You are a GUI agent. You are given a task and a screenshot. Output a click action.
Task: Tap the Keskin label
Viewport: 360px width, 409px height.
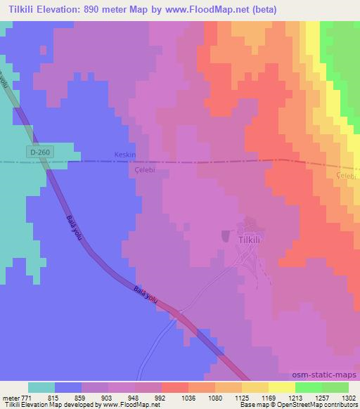(124, 155)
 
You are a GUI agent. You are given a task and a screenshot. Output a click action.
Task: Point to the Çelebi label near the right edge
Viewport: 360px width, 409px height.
(347, 175)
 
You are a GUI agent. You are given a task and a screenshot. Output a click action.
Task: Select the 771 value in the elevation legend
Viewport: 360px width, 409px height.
(26, 397)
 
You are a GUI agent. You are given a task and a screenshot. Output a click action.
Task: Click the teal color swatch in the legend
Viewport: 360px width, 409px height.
(41, 387)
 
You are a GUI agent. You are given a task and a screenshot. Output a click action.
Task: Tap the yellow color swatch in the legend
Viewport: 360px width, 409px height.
(282, 387)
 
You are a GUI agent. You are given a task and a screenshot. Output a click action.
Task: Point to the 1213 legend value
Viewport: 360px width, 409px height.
(287, 397)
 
